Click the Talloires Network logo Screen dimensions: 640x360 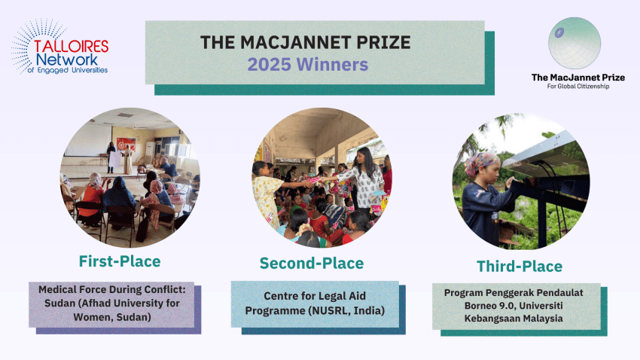coord(60,47)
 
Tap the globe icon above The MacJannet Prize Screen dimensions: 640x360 coord(574,43)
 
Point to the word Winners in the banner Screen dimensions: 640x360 coord(332,65)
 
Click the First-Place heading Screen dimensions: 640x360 coord(120,261)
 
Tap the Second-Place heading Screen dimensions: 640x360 coord(312,264)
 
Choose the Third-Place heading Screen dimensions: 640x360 coord(520,267)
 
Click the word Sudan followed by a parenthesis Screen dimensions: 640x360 coord(60,304)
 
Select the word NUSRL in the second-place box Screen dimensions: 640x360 coord(329,310)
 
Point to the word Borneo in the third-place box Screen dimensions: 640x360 coord(479,306)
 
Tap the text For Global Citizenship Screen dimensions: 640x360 coord(578,86)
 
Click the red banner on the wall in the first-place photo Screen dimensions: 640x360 coord(126,143)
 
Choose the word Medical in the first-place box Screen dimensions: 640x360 coord(56,289)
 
